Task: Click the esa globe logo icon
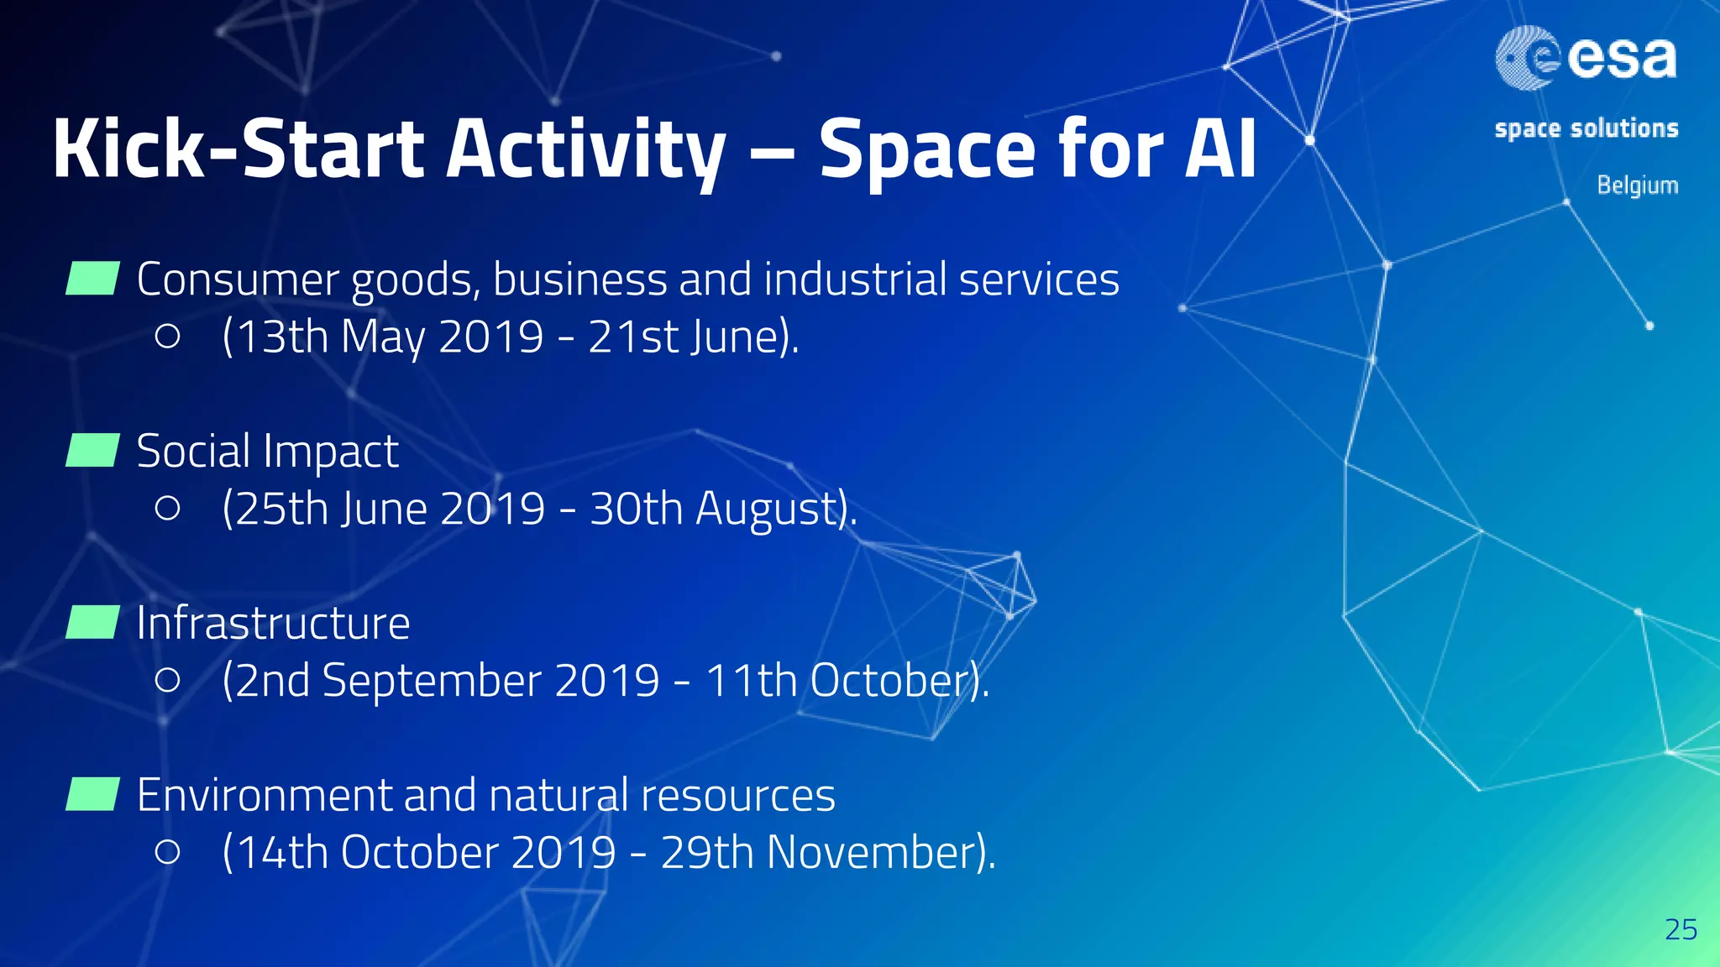tap(1527, 57)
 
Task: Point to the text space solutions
tap(1586, 128)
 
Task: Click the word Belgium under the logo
tap(1637, 185)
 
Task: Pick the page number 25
tap(1681, 929)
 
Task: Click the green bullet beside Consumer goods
tap(92, 279)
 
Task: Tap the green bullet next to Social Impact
tap(92, 451)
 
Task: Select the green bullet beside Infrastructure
tap(92, 623)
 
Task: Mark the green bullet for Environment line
tap(92, 794)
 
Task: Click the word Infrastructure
tap(273, 623)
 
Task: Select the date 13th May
tap(328, 337)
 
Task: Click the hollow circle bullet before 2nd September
tap(168, 680)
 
